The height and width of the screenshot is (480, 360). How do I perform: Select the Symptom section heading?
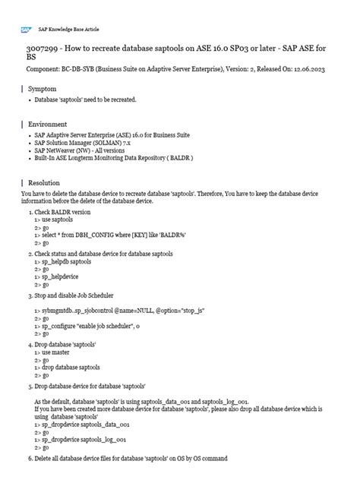[43, 89]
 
